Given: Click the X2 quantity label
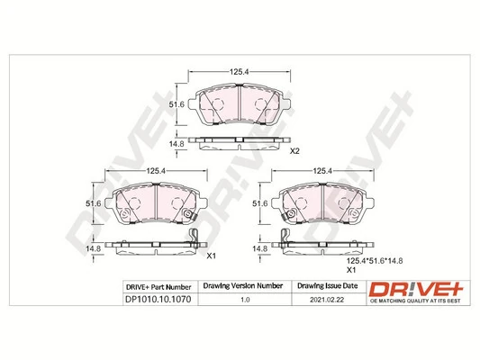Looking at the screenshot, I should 294,150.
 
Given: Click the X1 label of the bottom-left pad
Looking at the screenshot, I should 213,256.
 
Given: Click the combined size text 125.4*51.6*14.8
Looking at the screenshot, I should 376,259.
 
